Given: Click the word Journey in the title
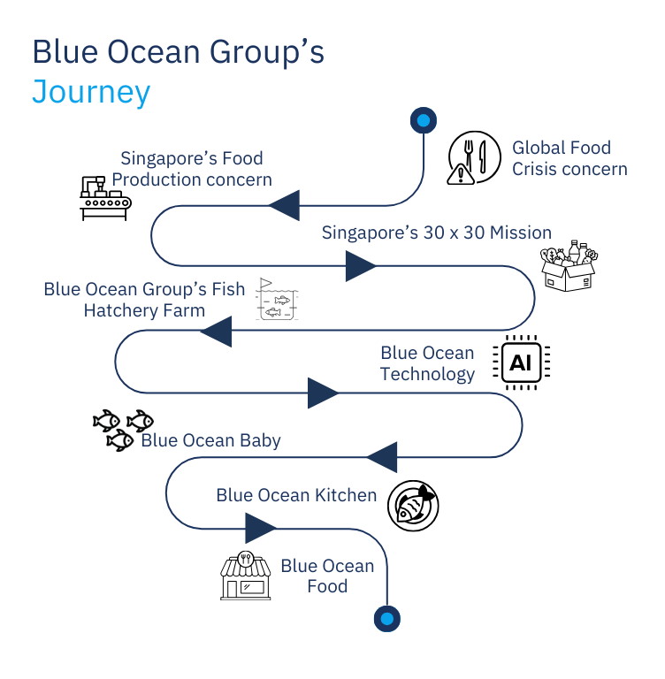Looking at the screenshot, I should pyautogui.click(x=91, y=92).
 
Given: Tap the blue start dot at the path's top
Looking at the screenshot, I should pyautogui.click(x=424, y=120).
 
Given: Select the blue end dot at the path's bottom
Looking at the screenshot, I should pyautogui.click(x=387, y=617).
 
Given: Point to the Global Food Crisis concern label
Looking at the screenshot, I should pyautogui.click(x=569, y=158).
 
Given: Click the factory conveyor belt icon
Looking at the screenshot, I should pyautogui.click(x=101, y=197).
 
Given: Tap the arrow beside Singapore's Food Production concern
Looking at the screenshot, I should pyautogui.click(x=284, y=207).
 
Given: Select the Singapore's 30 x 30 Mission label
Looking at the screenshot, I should pyautogui.click(x=436, y=233).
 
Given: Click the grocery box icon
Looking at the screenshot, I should pyautogui.click(x=568, y=266).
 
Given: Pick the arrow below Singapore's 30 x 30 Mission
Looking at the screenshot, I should pyautogui.click(x=361, y=265).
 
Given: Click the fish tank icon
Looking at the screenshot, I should pyautogui.click(x=278, y=301).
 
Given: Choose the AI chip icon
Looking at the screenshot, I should pyautogui.click(x=520, y=362).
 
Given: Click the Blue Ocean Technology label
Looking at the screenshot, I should pyautogui.click(x=428, y=363).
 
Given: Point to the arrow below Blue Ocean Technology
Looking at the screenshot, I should pyautogui.click(x=324, y=393).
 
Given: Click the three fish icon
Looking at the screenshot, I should pyautogui.click(x=122, y=429).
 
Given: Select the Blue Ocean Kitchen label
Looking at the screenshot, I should pyautogui.click(x=296, y=495).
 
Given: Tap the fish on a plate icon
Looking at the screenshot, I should pyautogui.click(x=413, y=506).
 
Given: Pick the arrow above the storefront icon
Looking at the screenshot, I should pyautogui.click(x=260, y=529).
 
